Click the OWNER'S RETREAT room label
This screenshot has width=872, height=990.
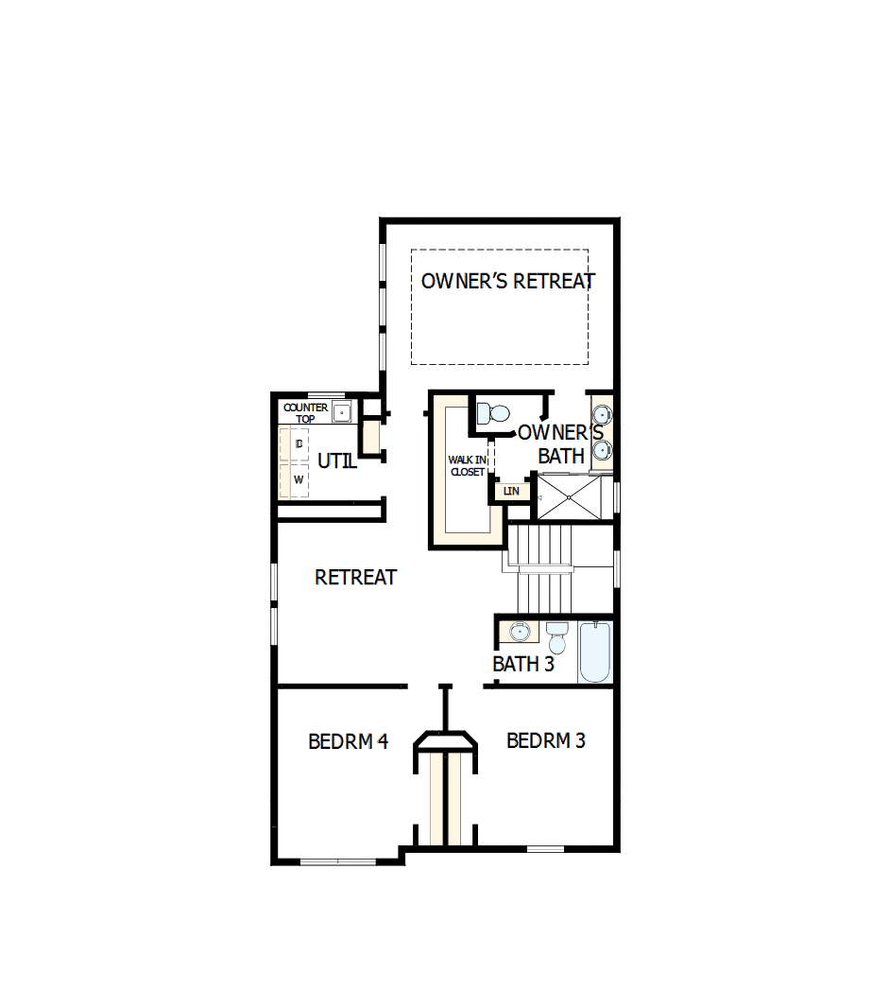click(507, 282)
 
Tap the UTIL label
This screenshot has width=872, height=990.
click(336, 461)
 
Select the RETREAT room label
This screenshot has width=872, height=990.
click(355, 577)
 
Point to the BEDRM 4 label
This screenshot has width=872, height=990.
click(348, 741)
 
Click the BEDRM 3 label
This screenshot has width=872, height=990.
click(545, 740)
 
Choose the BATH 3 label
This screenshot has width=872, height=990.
click(522, 664)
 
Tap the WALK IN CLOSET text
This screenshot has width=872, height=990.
click(467, 465)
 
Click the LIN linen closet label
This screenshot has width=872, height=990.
click(511, 492)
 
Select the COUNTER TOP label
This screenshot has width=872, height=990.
click(305, 412)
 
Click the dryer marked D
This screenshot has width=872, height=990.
click(299, 443)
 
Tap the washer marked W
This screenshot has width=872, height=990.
click(299, 479)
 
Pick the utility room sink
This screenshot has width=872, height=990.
click(341, 412)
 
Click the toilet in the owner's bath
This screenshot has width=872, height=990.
click(492, 413)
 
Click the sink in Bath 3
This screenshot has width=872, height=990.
click(520, 631)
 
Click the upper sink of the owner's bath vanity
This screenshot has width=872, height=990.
click(602, 415)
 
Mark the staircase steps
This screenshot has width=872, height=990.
click(542, 567)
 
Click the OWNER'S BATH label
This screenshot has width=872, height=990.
click(560, 444)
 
